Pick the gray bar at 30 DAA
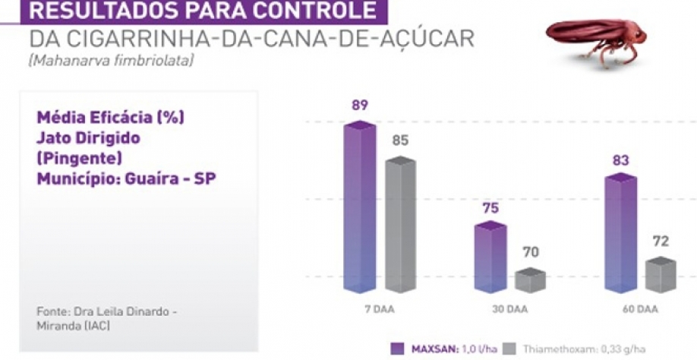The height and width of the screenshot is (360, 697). tap(530, 280)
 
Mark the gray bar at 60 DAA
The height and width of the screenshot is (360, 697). tap(661, 275)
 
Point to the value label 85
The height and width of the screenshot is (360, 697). tap(400, 141)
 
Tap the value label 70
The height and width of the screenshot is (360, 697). tap(531, 252)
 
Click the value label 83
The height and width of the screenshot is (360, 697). tap(620, 160)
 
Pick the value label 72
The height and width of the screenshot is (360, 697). tap(661, 242)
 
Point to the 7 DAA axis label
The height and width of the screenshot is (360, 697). tap(379, 310)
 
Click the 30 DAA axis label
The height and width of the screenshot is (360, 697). tap(509, 310)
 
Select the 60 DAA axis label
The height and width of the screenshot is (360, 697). tap(640, 310)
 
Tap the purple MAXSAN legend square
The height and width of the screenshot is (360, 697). tap(396, 348)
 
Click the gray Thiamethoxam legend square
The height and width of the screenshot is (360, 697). tap(509, 348)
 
